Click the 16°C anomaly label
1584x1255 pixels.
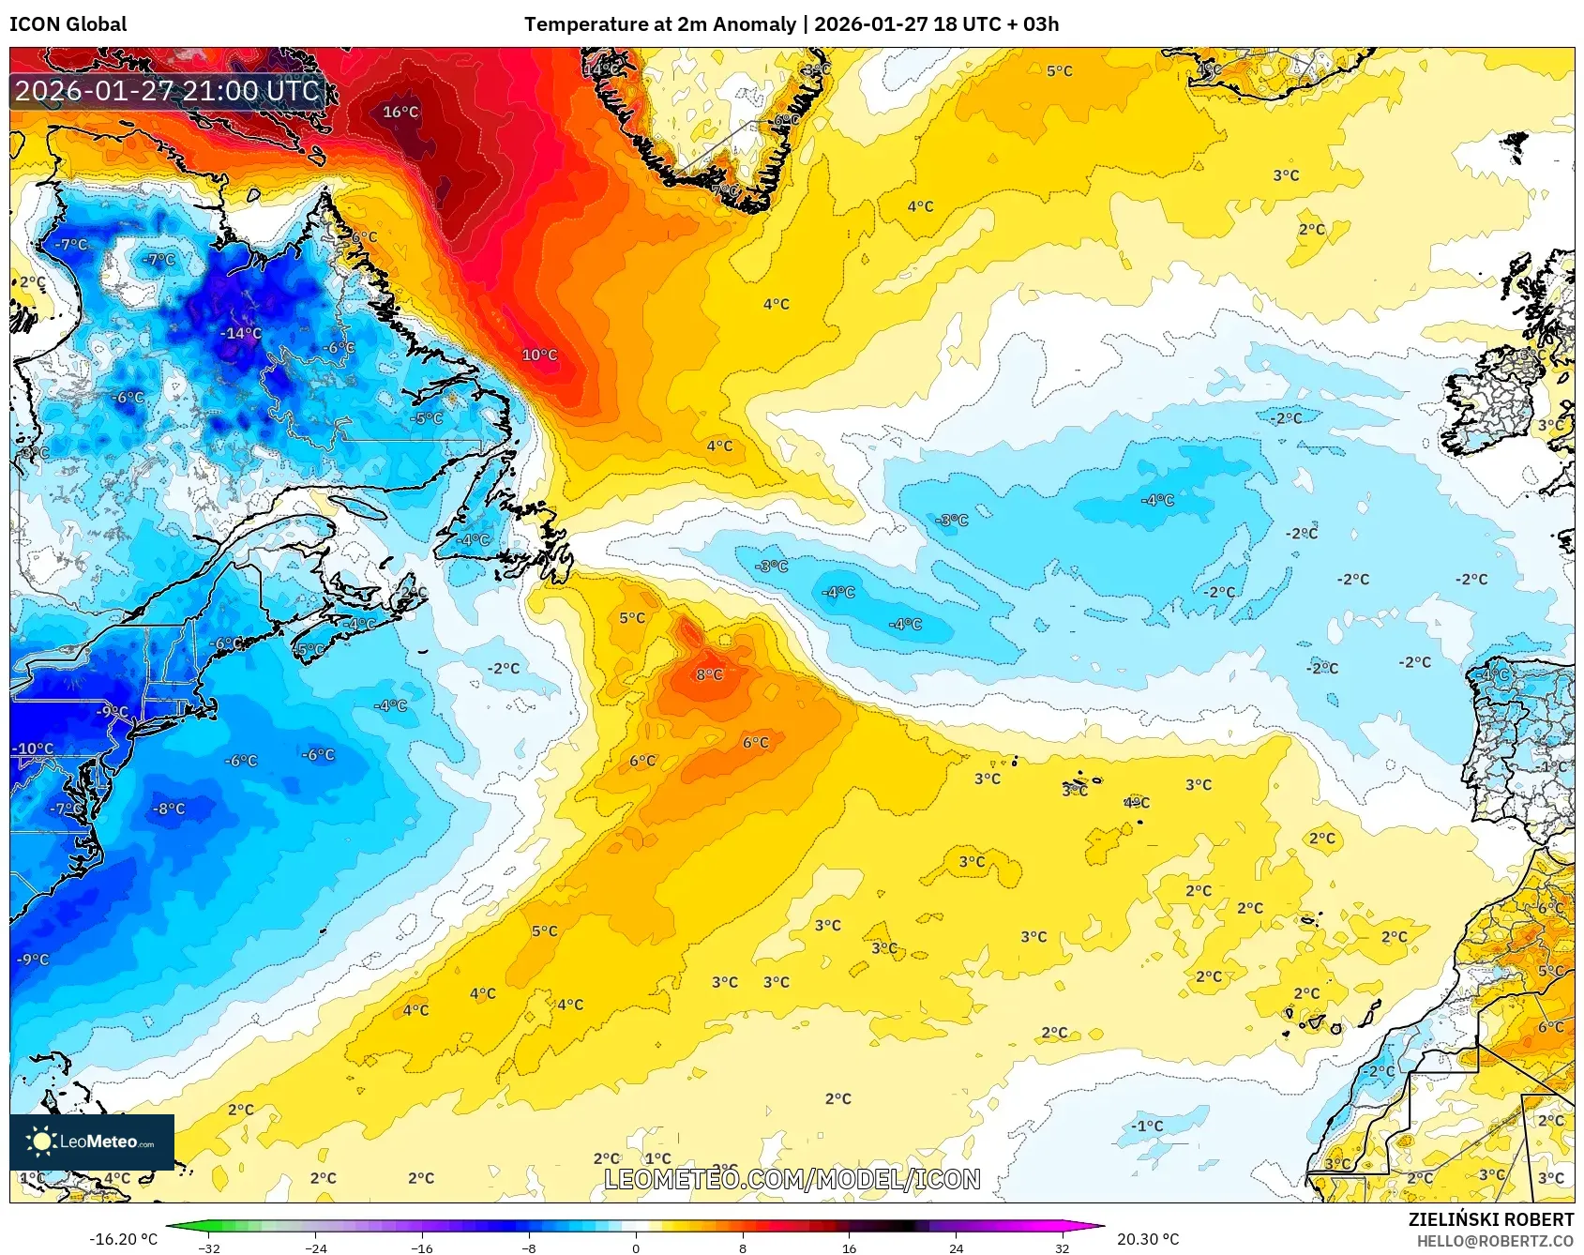click(400, 112)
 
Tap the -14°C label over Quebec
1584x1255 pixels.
click(241, 333)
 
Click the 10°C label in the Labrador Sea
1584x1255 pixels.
click(539, 355)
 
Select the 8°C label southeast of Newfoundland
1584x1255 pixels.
click(709, 674)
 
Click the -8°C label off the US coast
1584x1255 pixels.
click(169, 809)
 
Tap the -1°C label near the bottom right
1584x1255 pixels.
click(1146, 1126)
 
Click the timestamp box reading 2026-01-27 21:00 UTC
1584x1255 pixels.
click(167, 91)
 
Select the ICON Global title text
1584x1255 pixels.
click(68, 24)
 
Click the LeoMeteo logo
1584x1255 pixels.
click(92, 1142)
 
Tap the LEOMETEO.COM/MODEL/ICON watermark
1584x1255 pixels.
click(792, 1179)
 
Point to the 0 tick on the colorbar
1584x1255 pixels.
click(636, 1247)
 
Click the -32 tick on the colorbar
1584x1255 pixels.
click(209, 1247)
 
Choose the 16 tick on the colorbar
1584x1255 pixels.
click(849, 1247)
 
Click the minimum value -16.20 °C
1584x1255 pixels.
click(123, 1239)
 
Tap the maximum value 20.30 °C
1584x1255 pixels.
click(1148, 1239)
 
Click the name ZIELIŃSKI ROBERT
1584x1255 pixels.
click(1490, 1219)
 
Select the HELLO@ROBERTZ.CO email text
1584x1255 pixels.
click(1494, 1241)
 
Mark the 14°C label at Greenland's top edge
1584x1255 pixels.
click(601, 69)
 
